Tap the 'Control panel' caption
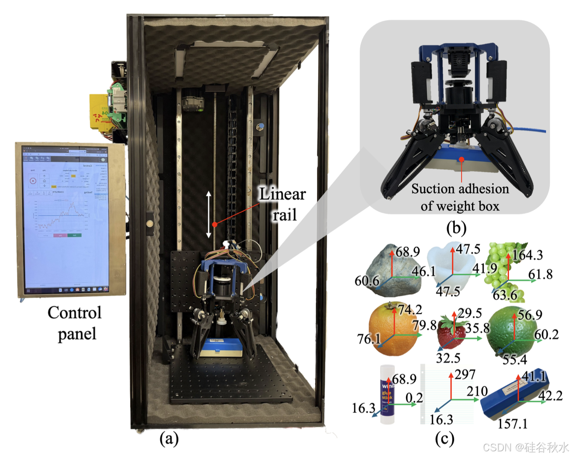coord(75,323)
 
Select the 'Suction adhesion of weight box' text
coord(460,197)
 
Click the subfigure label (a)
coord(169,438)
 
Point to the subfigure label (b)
coord(456,228)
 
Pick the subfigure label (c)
coord(444,438)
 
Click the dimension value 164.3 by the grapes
coord(527,255)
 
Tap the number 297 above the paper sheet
coord(465,374)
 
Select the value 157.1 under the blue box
coord(513,423)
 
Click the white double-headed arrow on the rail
coord(209,214)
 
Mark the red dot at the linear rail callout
coord(215,224)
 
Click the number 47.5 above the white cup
coord(468,249)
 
